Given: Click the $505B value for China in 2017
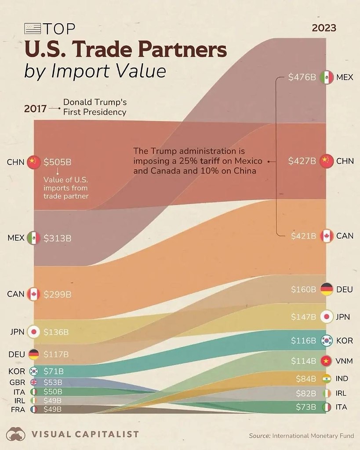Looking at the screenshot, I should click(57, 162).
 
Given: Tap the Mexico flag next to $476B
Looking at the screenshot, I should click(326, 77).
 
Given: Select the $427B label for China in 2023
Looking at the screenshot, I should click(302, 161).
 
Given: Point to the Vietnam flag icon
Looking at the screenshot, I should click(326, 361).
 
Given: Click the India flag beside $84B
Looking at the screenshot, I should click(326, 378).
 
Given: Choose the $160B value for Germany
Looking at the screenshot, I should click(303, 289).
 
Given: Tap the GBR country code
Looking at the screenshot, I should click(17, 382).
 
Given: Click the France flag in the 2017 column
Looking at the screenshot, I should click(34, 409).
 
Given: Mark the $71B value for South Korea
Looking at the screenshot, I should click(54, 371).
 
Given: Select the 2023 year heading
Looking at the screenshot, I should click(324, 28).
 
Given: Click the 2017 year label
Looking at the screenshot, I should click(35, 108).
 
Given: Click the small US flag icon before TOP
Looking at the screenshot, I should click(33, 29).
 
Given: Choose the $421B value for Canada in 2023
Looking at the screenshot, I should click(303, 236).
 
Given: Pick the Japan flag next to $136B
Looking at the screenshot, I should click(33, 332).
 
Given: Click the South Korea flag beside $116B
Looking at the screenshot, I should click(326, 340).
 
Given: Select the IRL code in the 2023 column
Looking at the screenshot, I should click(341, 393).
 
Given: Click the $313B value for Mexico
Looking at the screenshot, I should click(57, 238).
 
